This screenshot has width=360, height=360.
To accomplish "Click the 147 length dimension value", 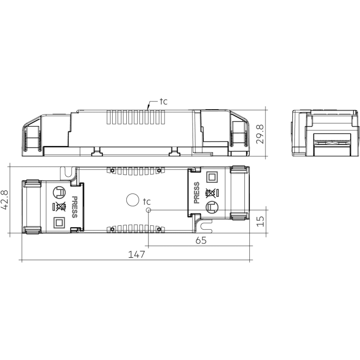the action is (x=136, y=254).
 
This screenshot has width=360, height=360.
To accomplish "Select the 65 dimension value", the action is (x=201, y=240).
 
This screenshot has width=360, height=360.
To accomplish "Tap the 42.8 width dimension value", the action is (x=5, y=200).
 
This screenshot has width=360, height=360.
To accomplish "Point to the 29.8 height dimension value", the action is (x=261, y=134).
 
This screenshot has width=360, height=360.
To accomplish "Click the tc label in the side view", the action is (x=164, y=101).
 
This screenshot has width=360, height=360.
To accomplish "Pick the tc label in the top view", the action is (x=146, y=202).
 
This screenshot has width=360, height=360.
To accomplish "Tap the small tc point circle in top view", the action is (x=148, y=210).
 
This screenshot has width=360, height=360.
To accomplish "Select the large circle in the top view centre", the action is (x=133, y=200).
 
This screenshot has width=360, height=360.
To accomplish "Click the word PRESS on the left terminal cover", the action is (x=74, y=207).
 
